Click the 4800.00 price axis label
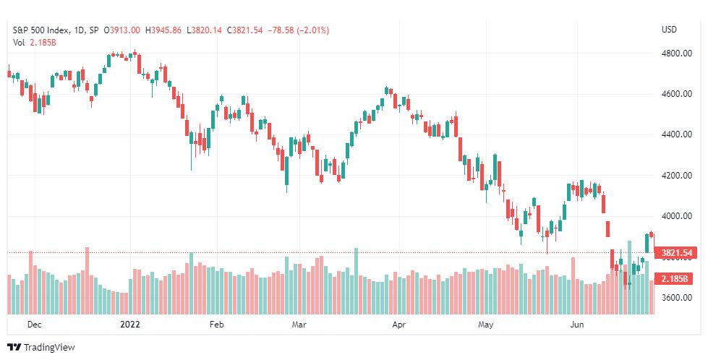click(x=677, y=53)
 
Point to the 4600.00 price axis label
click(x=677, y=94)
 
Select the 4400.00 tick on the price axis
click(x=677, y=134)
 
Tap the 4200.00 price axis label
click(x=677, y=176)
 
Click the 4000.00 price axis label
click(x=677, y=216)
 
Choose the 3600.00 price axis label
click(x=677, y=298)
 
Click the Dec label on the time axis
click(x=34, y=325)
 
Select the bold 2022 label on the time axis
click(x=130, y=325)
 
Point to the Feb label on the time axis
click(x=217, y=325)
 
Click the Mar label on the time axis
click(x=299, y=325)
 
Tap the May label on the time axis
click(x=486, y=325)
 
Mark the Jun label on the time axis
click(x=577, y=325)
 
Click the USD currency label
click(x=669, y=30)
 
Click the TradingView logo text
click(x=49, y=348)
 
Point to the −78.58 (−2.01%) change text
click(x=299, y=30)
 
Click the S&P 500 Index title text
click(x=41, y=30)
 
